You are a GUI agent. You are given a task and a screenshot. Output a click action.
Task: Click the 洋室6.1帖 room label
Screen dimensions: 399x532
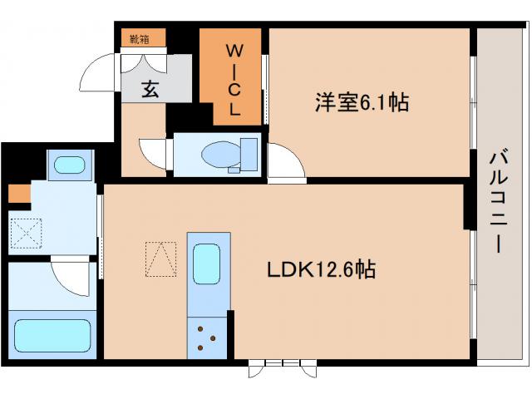click(x=361, y=102)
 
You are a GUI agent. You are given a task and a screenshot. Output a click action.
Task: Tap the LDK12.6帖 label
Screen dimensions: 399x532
click(x=320, y=269)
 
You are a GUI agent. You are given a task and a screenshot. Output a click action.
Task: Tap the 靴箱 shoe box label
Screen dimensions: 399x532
click(x=139, y=38)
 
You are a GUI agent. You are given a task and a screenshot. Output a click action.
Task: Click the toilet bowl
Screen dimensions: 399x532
click(x=220, y=153)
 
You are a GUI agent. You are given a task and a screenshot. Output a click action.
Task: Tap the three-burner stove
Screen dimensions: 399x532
click(x=206, y=337)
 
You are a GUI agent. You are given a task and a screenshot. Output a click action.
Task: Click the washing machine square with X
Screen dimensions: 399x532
click(x=27, y=231)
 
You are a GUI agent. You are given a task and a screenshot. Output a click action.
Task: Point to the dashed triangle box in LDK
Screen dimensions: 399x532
click(x=160, y=259)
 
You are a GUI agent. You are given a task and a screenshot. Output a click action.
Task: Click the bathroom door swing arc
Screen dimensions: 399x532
click(x=70, y=275)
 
